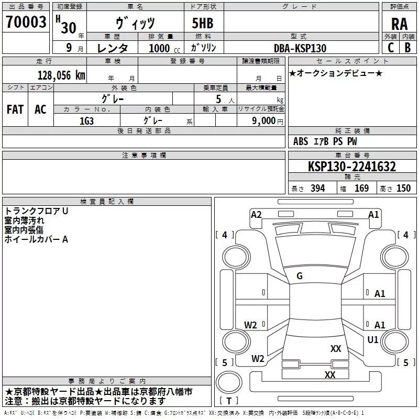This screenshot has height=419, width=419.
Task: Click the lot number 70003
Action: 26,21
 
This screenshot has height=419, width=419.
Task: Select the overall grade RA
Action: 399,24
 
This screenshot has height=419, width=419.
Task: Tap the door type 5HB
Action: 203,23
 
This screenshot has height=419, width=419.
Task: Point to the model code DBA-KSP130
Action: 300,48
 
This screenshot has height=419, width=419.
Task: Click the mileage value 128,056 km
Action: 61,75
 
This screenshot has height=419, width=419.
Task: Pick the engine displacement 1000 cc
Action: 164,48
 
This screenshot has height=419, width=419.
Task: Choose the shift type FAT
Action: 15,109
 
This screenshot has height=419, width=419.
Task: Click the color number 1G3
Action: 86,121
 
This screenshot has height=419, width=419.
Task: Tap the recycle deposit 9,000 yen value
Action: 268,121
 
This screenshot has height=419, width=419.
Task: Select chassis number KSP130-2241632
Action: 352,167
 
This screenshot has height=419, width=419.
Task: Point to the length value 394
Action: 318,188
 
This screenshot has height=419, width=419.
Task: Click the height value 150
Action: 403,188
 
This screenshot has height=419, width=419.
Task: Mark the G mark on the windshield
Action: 300,276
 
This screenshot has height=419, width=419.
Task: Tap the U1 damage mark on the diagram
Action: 373,339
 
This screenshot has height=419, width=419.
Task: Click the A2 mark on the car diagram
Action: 256,215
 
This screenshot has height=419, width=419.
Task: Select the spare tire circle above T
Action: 229,382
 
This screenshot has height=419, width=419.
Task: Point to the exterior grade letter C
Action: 391,48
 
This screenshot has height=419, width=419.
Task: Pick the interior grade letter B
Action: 407,48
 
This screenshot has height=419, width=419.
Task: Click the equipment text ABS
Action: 301,141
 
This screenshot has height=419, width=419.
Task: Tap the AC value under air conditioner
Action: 41,109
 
